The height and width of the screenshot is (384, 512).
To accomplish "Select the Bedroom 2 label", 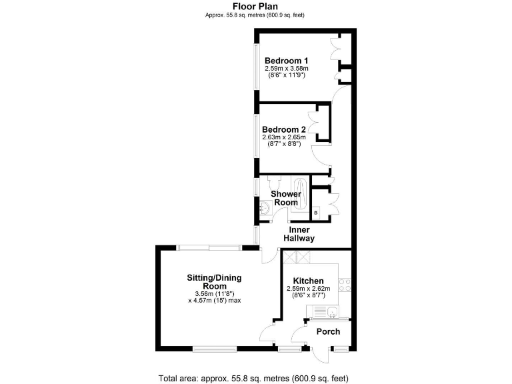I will pyautogui.click(x=283, y=129).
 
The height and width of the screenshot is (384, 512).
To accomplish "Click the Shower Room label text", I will pyautogui.click(x=285, y=198).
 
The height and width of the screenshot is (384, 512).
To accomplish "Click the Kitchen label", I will pyautogui.click(x=305, y=281).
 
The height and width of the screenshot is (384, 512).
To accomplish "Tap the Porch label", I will pyautogui.click(x=328, y=331).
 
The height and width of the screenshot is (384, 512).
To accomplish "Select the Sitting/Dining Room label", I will pyautogui.click(x=213, y=282).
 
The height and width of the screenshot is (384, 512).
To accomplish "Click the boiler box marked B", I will pyautogui.click(x=316, y=213).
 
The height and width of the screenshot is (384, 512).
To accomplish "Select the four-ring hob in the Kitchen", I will pyautogui.click(x=346, y=285).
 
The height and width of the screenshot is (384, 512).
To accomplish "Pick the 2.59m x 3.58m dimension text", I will pyautogui.click(x=287, y=68).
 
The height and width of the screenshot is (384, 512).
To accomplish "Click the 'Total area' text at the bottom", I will pyautogui.click(x=253, y=378).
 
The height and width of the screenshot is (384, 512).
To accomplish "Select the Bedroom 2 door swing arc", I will pyautogui.click(x=318, y=155).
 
